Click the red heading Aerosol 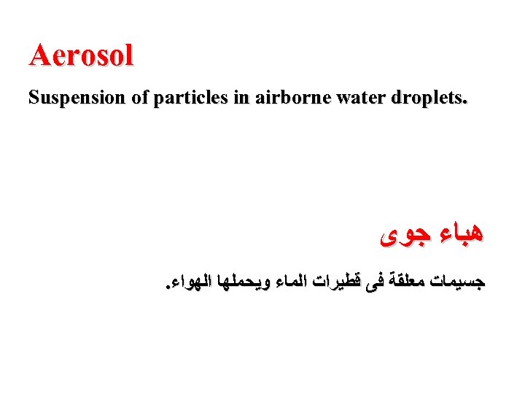pyautogui.click(x=81, y=55)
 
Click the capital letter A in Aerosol pyautogui.click(x=39, y=55)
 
